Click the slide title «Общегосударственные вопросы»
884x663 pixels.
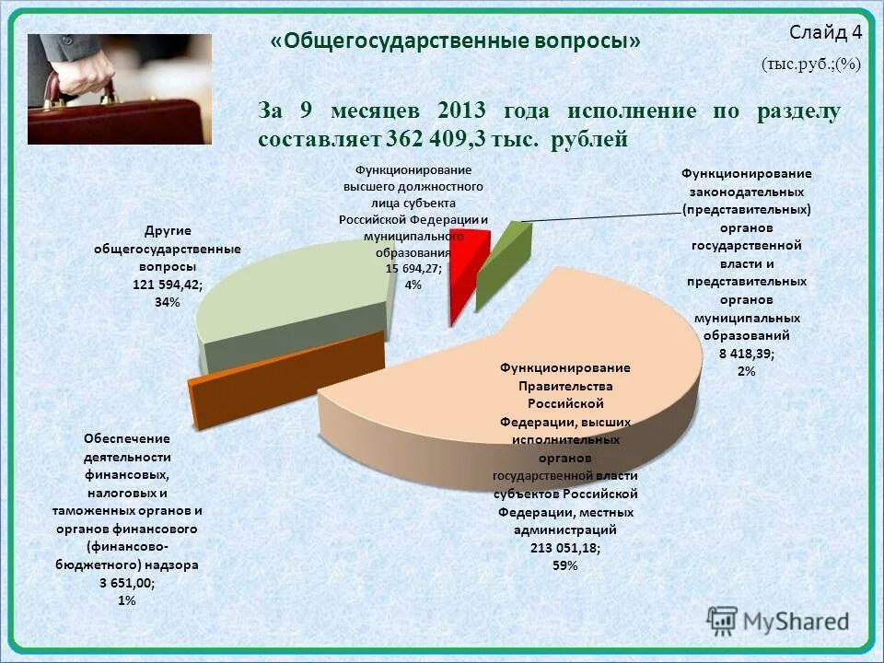click(x=455, y=41)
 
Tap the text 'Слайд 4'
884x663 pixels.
click(x=826, y=32)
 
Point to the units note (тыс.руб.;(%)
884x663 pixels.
click(x=810, y=65)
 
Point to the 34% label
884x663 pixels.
click(x=168, y=302)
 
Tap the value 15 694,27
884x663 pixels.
click(x=413, y=268)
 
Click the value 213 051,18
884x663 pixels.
click(x=564, y=548)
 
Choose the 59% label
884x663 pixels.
click(x=564, y=565)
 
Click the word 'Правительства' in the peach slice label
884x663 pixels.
click(x=564, y=386)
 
